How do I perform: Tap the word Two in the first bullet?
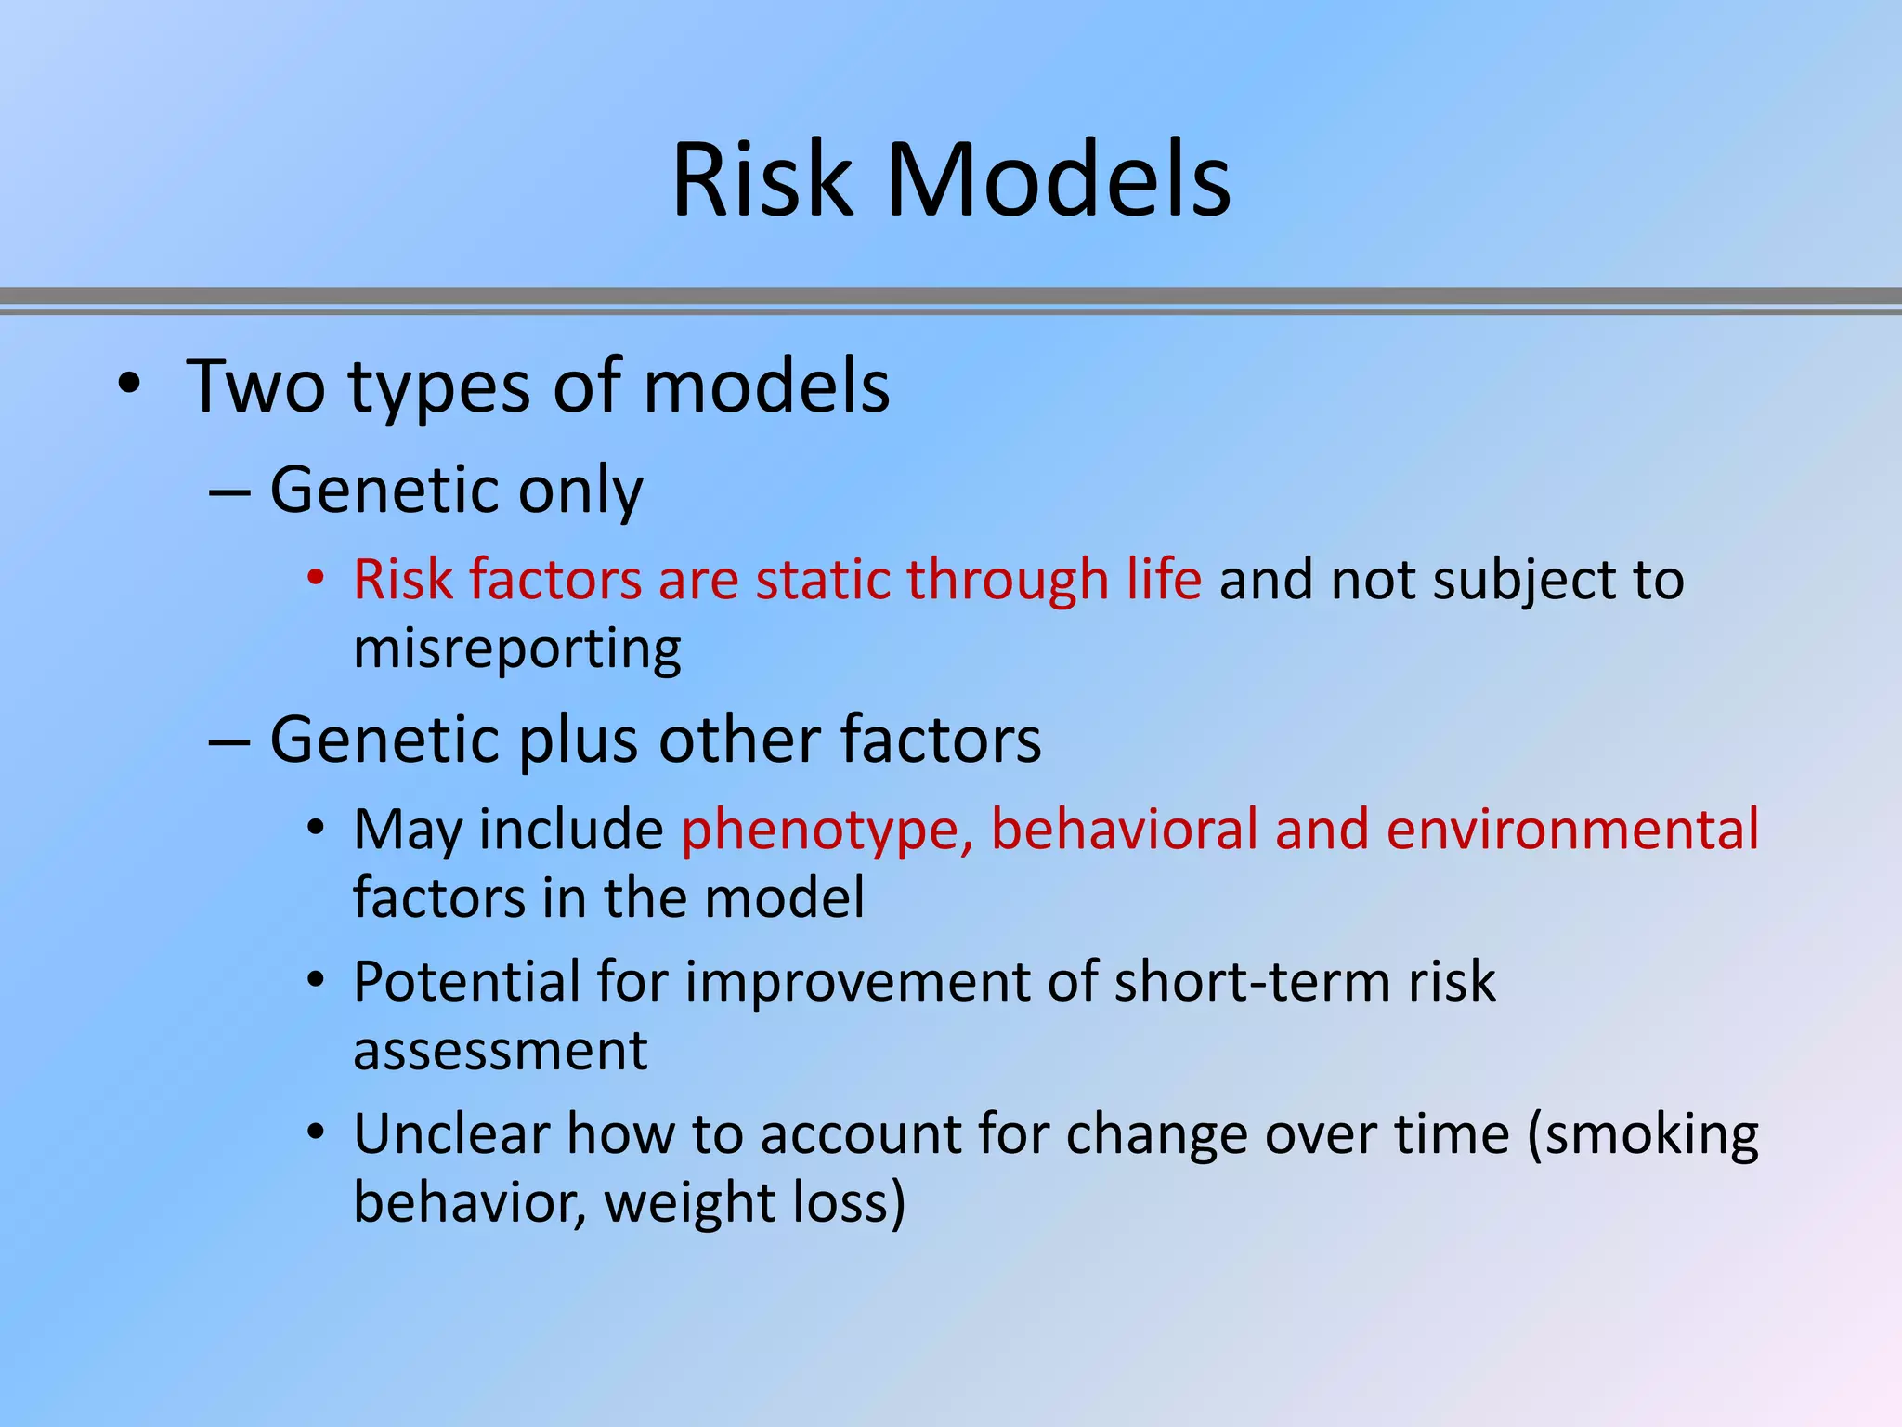255,386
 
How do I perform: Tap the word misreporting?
517,648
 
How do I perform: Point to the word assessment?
501,1052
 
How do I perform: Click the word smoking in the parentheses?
1651,1136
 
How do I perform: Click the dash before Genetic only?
229,491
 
